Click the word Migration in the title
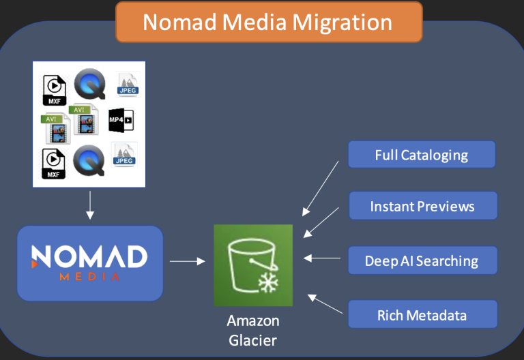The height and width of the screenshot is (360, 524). pyautogui.click(x=342, y=23)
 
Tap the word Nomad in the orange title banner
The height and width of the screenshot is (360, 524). pyautogui.click(x=180, y=22)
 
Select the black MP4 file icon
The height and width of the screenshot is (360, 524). pyautogui.click(x=121, y=120)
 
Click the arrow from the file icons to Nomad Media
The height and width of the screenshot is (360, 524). pyautogui.click(x=90, y=205)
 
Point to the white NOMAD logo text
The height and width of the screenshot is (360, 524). pyautogui.click(x=89, y=256)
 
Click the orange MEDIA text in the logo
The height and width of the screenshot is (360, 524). pyautogui.click(x=89, y=277)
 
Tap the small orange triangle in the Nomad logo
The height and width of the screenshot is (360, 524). pyautogui.click(x=34, y=264)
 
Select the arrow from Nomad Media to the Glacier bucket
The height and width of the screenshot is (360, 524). pyautogui.click(x=188, y=261)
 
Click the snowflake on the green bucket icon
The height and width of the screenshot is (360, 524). pyautogui.click(x=268, y=282)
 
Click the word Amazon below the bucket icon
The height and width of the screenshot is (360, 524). pyautogui.click(x=253, y=320)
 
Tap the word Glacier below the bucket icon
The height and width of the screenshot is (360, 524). pyautogui.click(x=252, y=341)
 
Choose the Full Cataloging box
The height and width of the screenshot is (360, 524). pyautogui.click(x=422, y=154)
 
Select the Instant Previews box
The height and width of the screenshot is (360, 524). pyautogui.click(x=423, y=206)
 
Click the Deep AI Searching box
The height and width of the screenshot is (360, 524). pyautogui.click(x=423, y=260)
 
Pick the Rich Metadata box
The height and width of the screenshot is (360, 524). pyautogui.click(x=423, y=314)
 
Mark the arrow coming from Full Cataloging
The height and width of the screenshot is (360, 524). pyautogui.click(x=321, y=188)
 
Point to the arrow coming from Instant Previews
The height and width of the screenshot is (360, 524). pyautogui.click(x=321, y=222)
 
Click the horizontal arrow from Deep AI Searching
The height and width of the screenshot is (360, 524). pyautogui.click(x=322, y=258)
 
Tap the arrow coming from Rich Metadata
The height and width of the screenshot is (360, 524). pyautogui.click(x=325, y=304)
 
